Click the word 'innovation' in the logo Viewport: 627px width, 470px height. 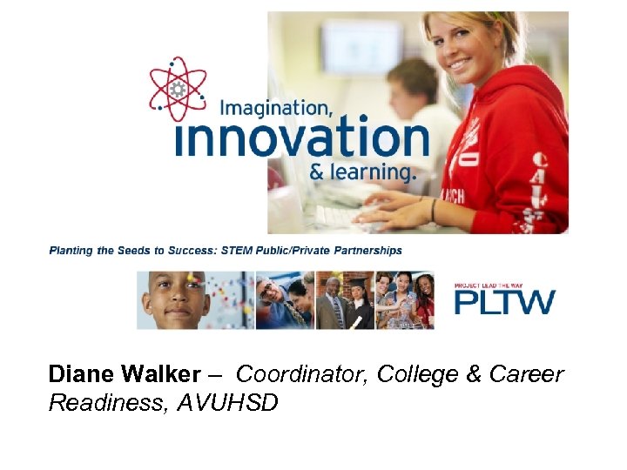click(x=301, y=139)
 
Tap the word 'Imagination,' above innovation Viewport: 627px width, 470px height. click(x=275, y=109)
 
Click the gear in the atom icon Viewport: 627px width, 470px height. click(x=179, y=89)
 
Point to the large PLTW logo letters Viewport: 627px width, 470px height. click(x=504, y=302)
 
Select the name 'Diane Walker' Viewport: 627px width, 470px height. click(x=125, y=374)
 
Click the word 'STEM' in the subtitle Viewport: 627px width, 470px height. click(x=234, y=250)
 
